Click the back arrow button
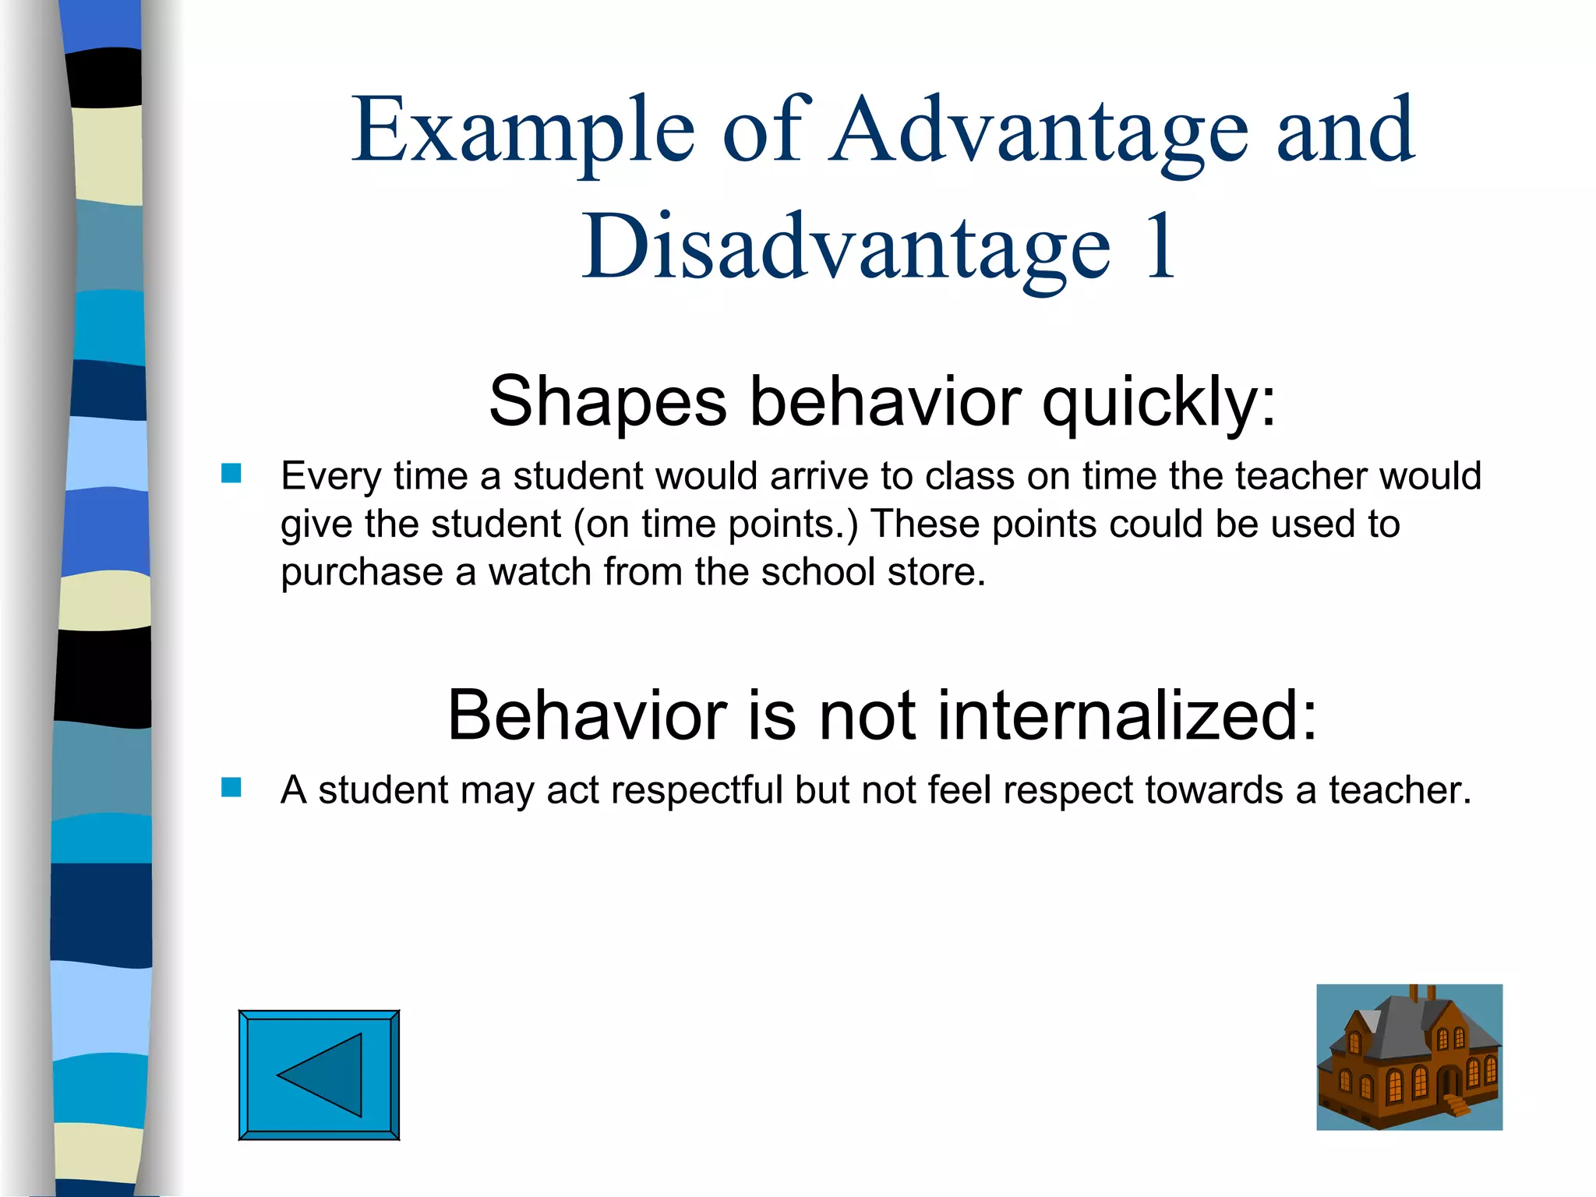click(x=319, y=1075)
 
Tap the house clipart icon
click(x=1409, y=1057)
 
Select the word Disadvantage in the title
click(x=846, y=248)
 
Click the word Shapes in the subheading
click(x=607, y=401)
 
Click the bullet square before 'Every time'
click(x=231, y=473)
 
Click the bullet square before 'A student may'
click(x=231, y=787)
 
